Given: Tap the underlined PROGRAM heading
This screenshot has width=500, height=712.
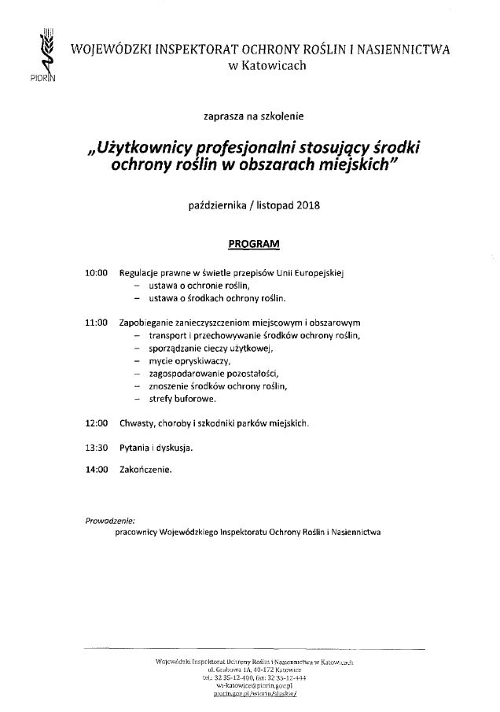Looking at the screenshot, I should pyautogui.click(x=253, y=244).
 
